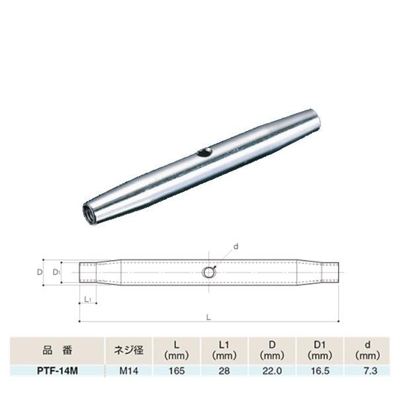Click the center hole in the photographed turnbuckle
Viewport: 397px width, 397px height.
(204, 153)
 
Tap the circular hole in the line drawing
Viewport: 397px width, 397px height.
(208, 272)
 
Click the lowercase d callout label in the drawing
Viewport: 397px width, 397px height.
(235, 246)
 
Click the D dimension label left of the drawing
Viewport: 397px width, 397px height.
(40, 272)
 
